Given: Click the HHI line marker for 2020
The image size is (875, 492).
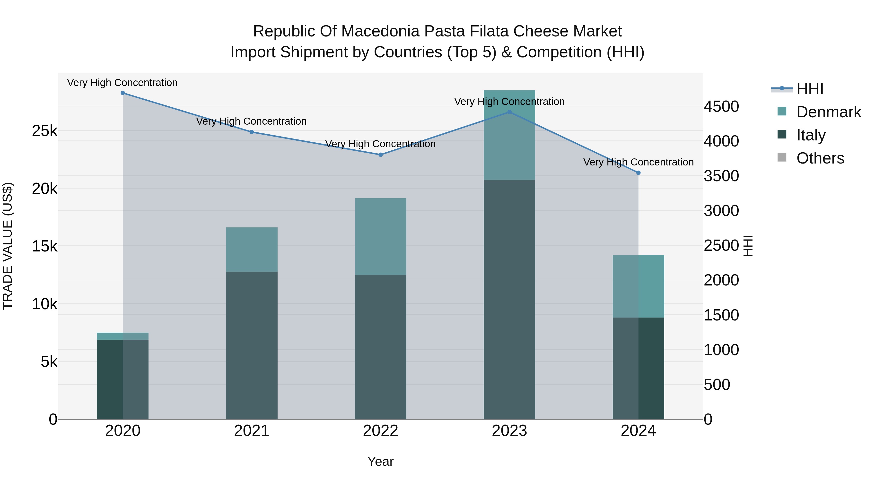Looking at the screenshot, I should (123, 93).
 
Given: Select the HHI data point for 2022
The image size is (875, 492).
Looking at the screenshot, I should (380, 155).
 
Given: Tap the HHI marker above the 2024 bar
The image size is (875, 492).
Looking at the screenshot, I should (638, 173).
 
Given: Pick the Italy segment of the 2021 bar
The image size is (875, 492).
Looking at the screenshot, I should (252, 345).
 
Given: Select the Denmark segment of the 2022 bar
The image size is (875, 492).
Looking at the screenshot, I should (380, 236).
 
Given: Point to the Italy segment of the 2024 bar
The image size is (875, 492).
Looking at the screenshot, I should (638, 368).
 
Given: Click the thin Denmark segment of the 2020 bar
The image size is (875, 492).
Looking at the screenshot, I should (123, 336).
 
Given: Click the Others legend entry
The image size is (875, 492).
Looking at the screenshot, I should (820, 158).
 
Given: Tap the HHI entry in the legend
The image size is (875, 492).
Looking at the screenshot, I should (810, 89).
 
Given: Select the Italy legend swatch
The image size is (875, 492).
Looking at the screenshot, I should (782, 134).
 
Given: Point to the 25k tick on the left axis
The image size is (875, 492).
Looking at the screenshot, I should (44, 131).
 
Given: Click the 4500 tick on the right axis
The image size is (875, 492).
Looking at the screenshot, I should (721, 106).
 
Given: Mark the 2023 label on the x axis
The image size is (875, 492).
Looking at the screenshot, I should (509, 431).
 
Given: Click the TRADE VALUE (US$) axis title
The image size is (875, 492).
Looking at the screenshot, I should (8, 246).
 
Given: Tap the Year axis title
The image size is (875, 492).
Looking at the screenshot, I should (380, 461).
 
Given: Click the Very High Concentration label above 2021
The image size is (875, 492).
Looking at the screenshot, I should (251, 121).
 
